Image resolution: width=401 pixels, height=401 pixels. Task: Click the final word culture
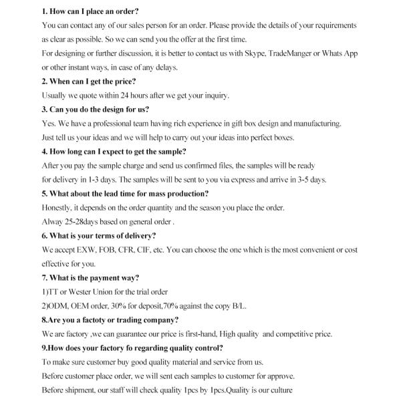pyautogui.click(x=279, y=390)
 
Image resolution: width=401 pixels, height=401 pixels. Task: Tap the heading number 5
pyautogui.click(x=44, y=194)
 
